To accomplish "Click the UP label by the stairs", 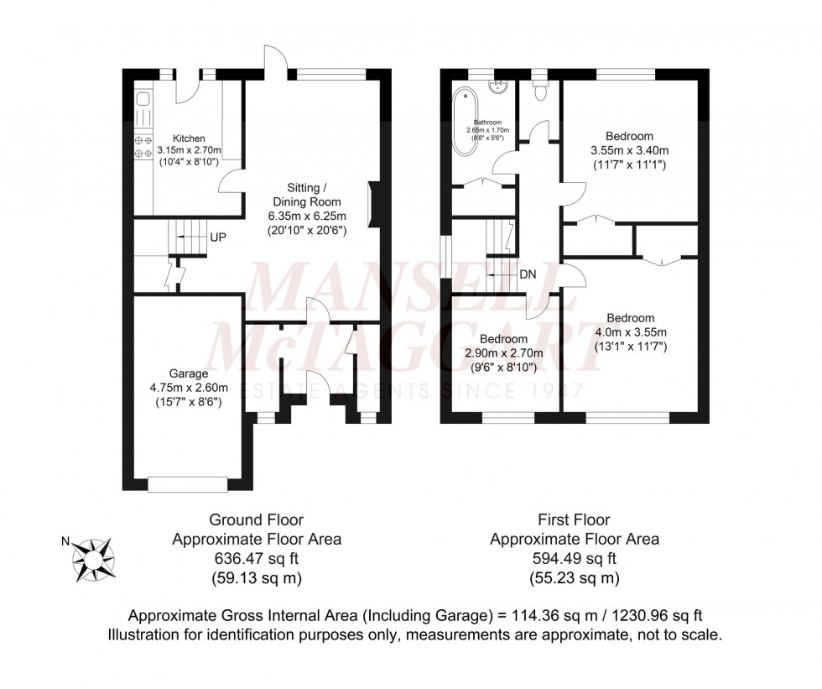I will (218, 237).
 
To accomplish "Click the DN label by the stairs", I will (528, 274).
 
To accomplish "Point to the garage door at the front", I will (188, 483).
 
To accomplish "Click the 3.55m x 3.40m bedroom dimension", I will (630, 151).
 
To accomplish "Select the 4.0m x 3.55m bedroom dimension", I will (630, 332).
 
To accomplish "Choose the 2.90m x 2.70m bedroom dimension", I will (505, 353).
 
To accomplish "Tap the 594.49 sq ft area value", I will (575, 559).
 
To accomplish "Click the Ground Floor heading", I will (257, 520).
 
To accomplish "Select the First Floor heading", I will (575, 520).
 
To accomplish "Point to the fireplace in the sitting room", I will (374, 202).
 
